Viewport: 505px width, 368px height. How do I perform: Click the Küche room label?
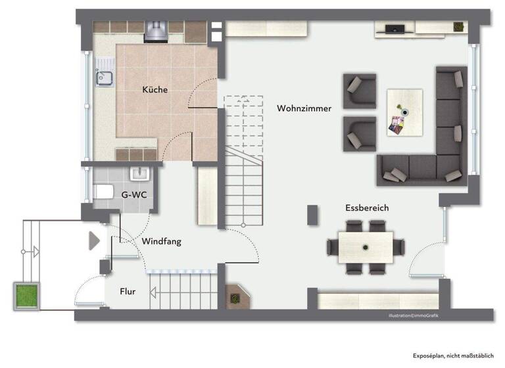point(155,90)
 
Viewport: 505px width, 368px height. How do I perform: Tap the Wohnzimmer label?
point(304,108)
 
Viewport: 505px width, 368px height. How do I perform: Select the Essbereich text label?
point(367,208)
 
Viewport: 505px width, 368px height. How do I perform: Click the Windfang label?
point(161,241)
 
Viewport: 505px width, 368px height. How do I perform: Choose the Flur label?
point(128,291)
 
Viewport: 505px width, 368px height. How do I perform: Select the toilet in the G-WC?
point(103,192)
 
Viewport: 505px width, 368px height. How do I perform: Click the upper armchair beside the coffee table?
point(359,91)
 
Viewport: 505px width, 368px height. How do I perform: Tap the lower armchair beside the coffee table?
point(359,134)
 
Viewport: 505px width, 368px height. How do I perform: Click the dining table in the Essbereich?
point(365,247)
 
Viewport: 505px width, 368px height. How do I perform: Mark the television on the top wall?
point(395,28)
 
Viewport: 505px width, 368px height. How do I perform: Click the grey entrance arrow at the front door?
point(94,241)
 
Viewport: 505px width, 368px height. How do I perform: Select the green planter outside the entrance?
point(26,296)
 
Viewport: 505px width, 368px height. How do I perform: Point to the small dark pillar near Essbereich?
point(312,215)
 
